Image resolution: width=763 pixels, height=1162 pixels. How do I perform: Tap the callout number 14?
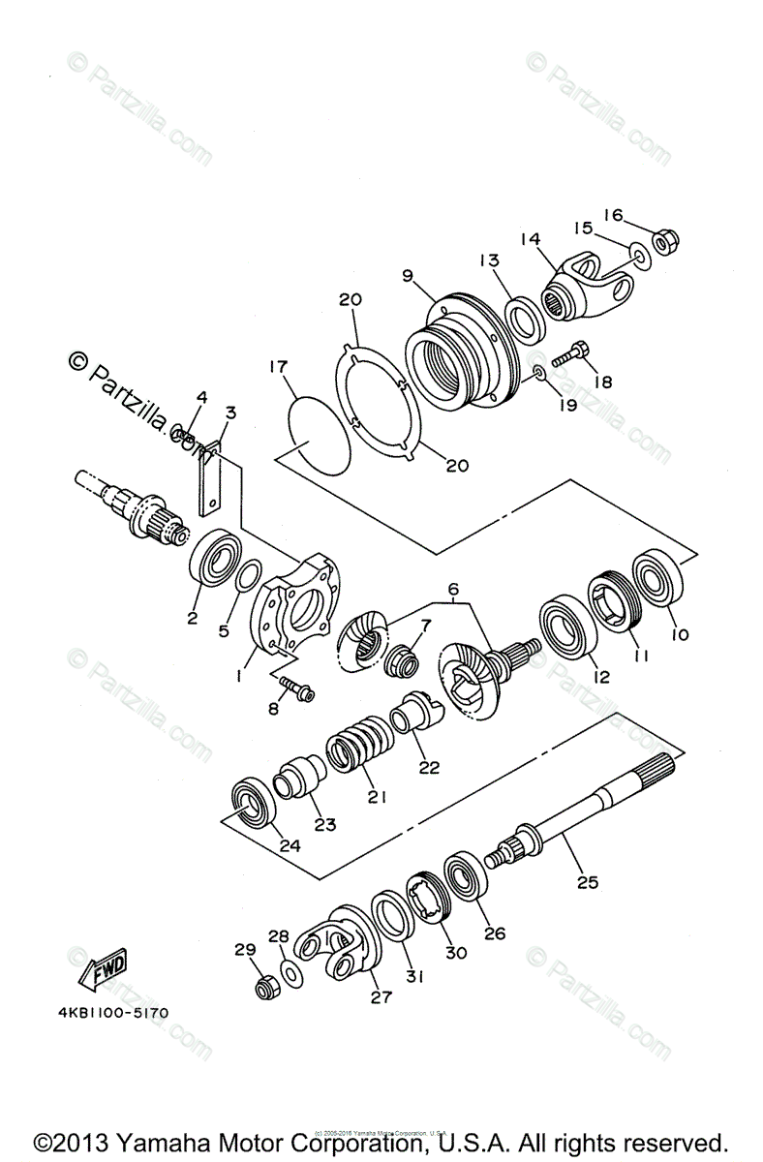coord(529,237)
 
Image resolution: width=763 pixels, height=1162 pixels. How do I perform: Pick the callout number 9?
coord(409,275)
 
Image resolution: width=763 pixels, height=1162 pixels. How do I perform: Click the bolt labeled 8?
coord(294,688)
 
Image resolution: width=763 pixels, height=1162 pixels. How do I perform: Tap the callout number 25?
coord(588,882)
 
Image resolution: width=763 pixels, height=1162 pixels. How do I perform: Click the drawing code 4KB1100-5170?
coord(112,1014)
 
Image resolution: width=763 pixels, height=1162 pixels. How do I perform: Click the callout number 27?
coord(381,996)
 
